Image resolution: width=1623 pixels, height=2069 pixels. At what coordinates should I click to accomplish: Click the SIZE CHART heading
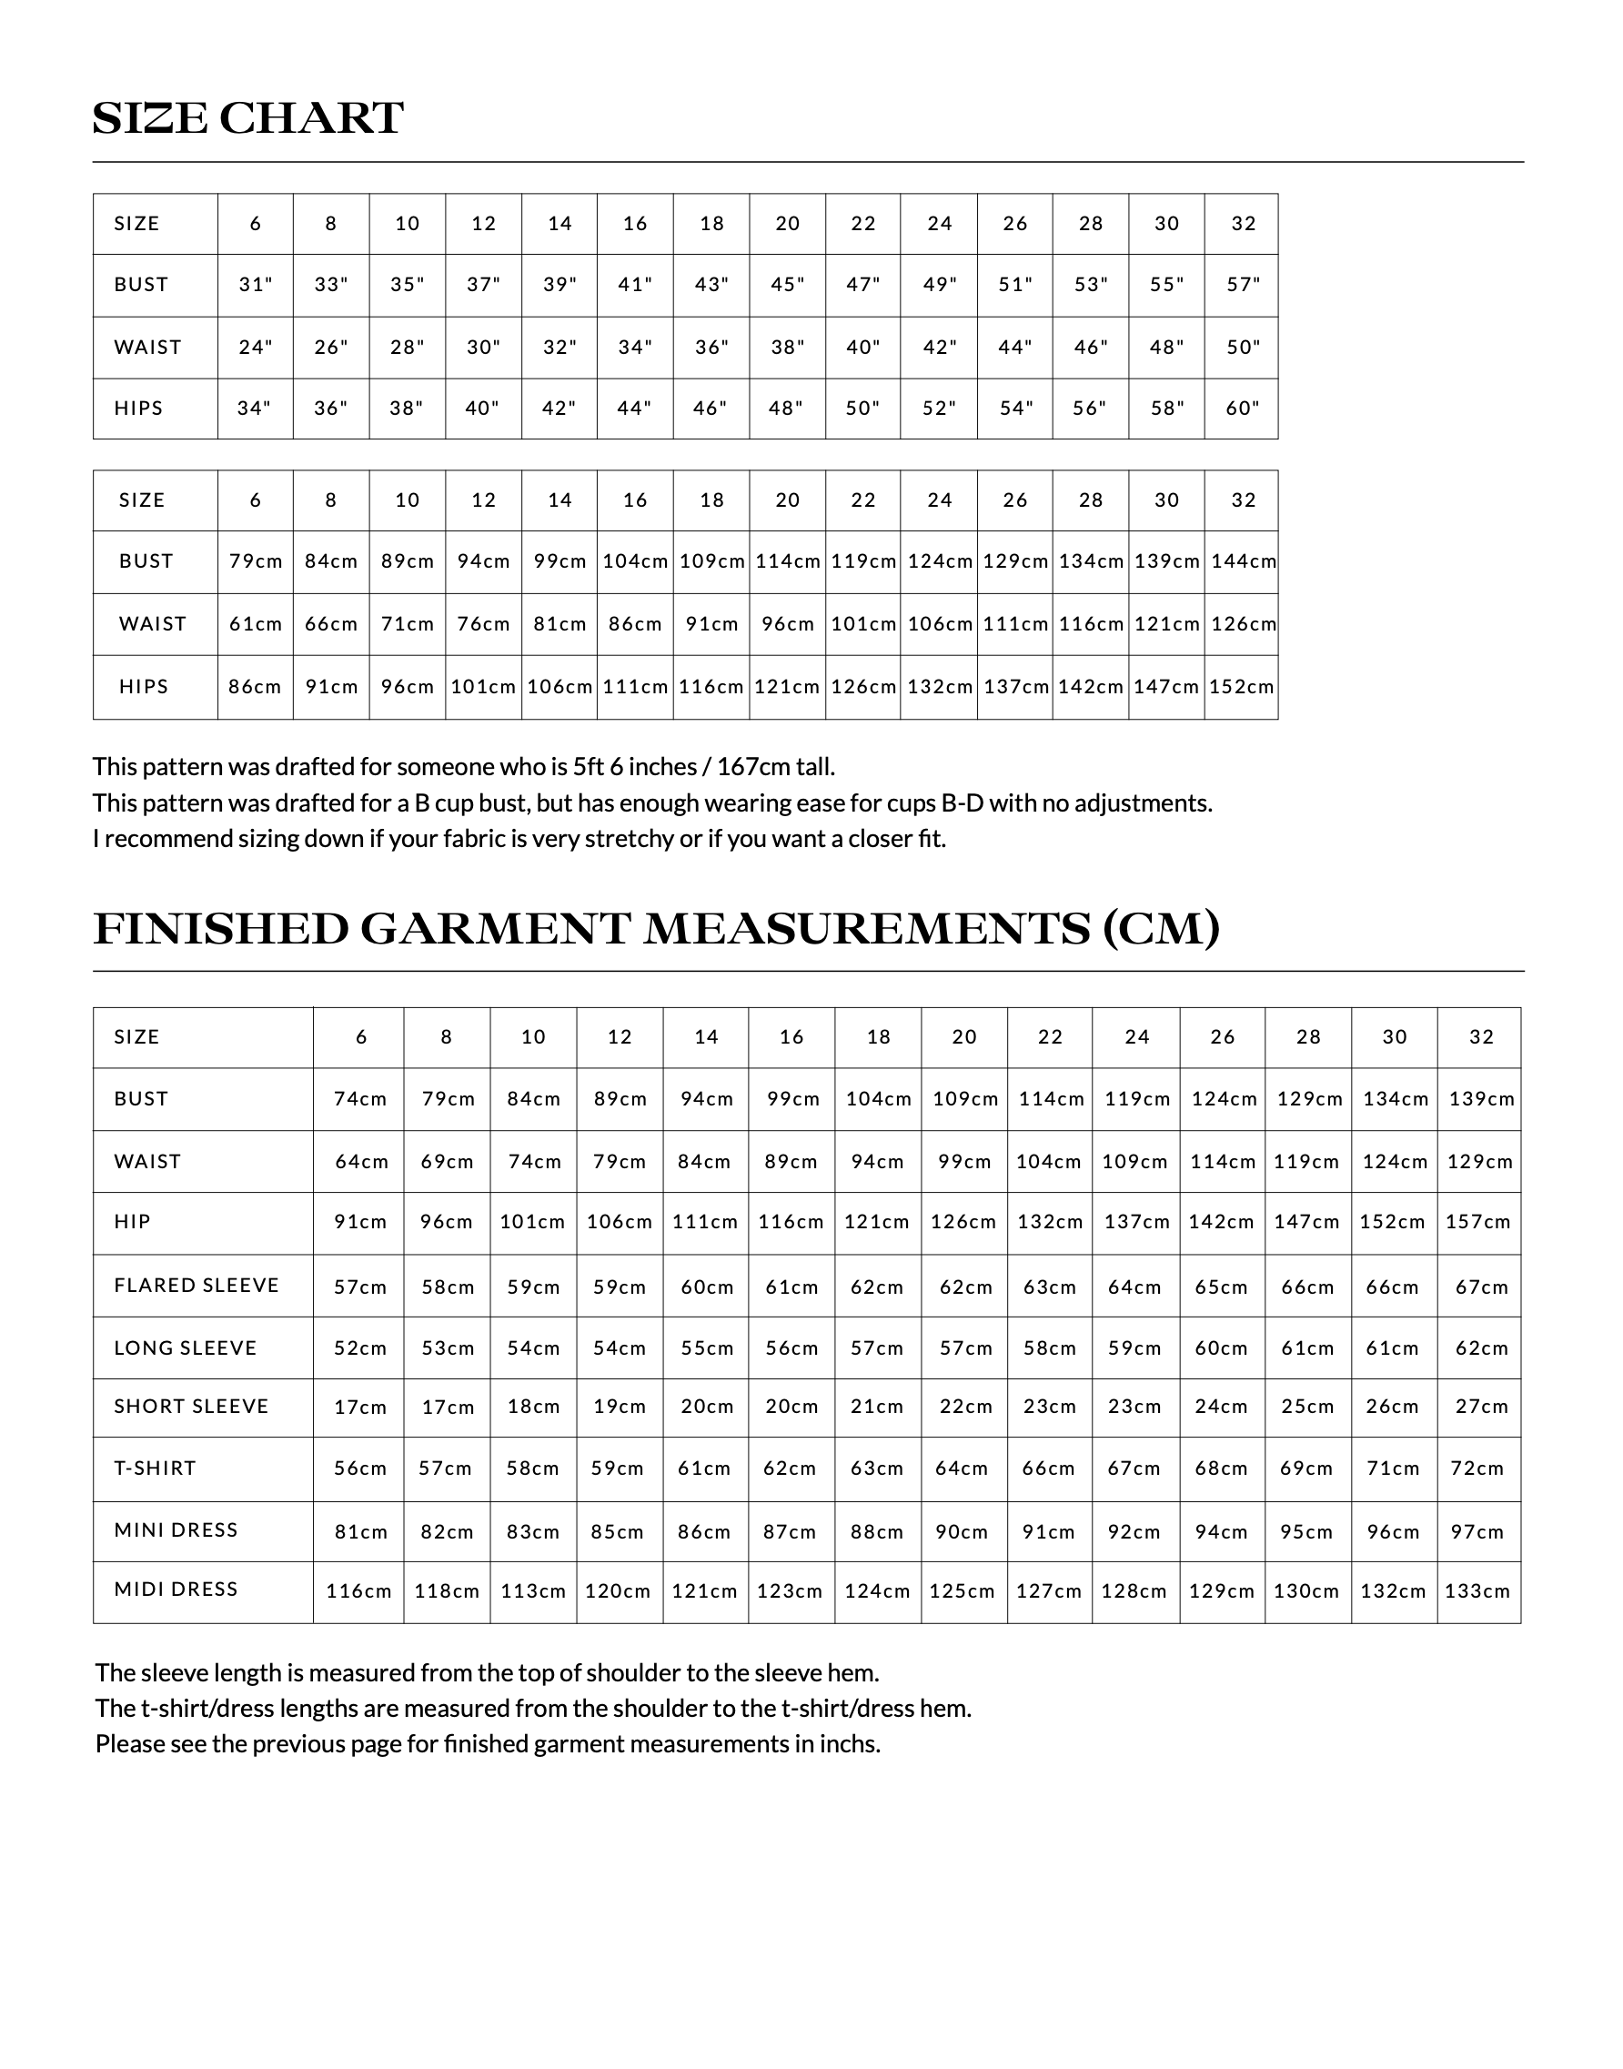pyautogui.click(x=248, y=119)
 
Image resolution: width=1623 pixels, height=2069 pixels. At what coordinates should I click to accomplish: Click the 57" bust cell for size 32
pyautogui.click(x=1243, y=285)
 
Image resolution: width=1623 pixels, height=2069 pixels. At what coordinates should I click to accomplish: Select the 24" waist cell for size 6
pyautogui.click(x=256, y=348)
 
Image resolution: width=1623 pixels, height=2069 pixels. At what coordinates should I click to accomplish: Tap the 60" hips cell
pyautogui.click(x=1243, y=409)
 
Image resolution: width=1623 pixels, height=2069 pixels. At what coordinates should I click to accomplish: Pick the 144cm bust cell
pyautogui.click(x=1243, y=561)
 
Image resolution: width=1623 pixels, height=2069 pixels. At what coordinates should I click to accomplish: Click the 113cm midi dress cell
pyautogui.click(x=533, y=1592)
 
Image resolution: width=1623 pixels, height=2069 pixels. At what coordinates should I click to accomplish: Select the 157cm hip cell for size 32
pyautogui.click(x=1478, y=1223)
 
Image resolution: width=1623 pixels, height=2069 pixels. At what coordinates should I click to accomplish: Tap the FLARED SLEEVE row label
pyautogui.click(x=197, y=1286)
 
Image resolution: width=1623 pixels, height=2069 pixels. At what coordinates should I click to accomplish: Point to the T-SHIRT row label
pyautogui.click(x=155, y=1468)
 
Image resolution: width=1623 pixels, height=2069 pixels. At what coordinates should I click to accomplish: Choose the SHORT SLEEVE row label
pyautogui.click(x=191, y=1407)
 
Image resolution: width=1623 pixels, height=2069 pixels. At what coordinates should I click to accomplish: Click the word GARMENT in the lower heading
pyautogui.click(x=495, y=930)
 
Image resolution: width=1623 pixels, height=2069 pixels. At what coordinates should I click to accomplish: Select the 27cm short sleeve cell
pyautogui.click(x=1481, y=1408)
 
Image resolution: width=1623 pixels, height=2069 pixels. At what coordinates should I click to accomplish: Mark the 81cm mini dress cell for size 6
pyautogui.click(x=361, y=1532)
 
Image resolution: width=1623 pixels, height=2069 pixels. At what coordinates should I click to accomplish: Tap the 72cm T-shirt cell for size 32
pyautogui.click(x=1477, y=1469)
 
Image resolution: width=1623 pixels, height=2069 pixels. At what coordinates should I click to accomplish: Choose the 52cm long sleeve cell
pyautogui.click(x=361, y=1348)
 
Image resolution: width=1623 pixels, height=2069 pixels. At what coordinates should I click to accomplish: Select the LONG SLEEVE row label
pyautogui.click(x=186, y=1348)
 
